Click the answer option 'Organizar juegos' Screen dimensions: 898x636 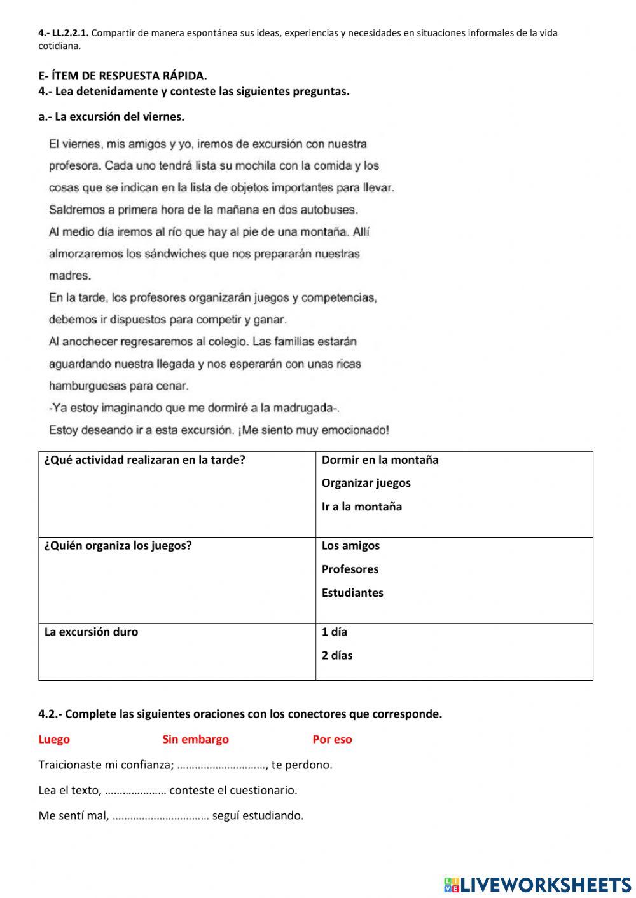(x=366, y=483)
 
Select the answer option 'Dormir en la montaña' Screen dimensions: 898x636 (x=380, y=460)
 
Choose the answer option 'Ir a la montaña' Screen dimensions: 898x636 (x=361, y=507)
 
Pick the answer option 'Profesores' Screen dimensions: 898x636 (x=350, y=569)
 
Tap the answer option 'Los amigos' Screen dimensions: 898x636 (x=350, y=546)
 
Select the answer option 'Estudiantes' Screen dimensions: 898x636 (x=352, y=593)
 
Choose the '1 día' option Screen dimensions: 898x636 (x=335, y=632)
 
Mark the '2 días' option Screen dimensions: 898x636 (x=337, y=656)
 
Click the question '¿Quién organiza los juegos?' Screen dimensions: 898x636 (x=118, y=546)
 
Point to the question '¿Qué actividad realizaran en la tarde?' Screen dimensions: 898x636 (x=144, y=460)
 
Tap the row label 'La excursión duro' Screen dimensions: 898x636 (x=91, y=632)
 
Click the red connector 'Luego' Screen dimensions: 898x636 (x=54, y=739)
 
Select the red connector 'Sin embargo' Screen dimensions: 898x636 (x=195, y=739)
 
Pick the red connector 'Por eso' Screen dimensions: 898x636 (x=332, y=739)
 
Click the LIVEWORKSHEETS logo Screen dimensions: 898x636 (x=537, y=884)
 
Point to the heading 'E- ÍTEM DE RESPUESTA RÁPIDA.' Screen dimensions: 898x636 (x=123, y=76)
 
